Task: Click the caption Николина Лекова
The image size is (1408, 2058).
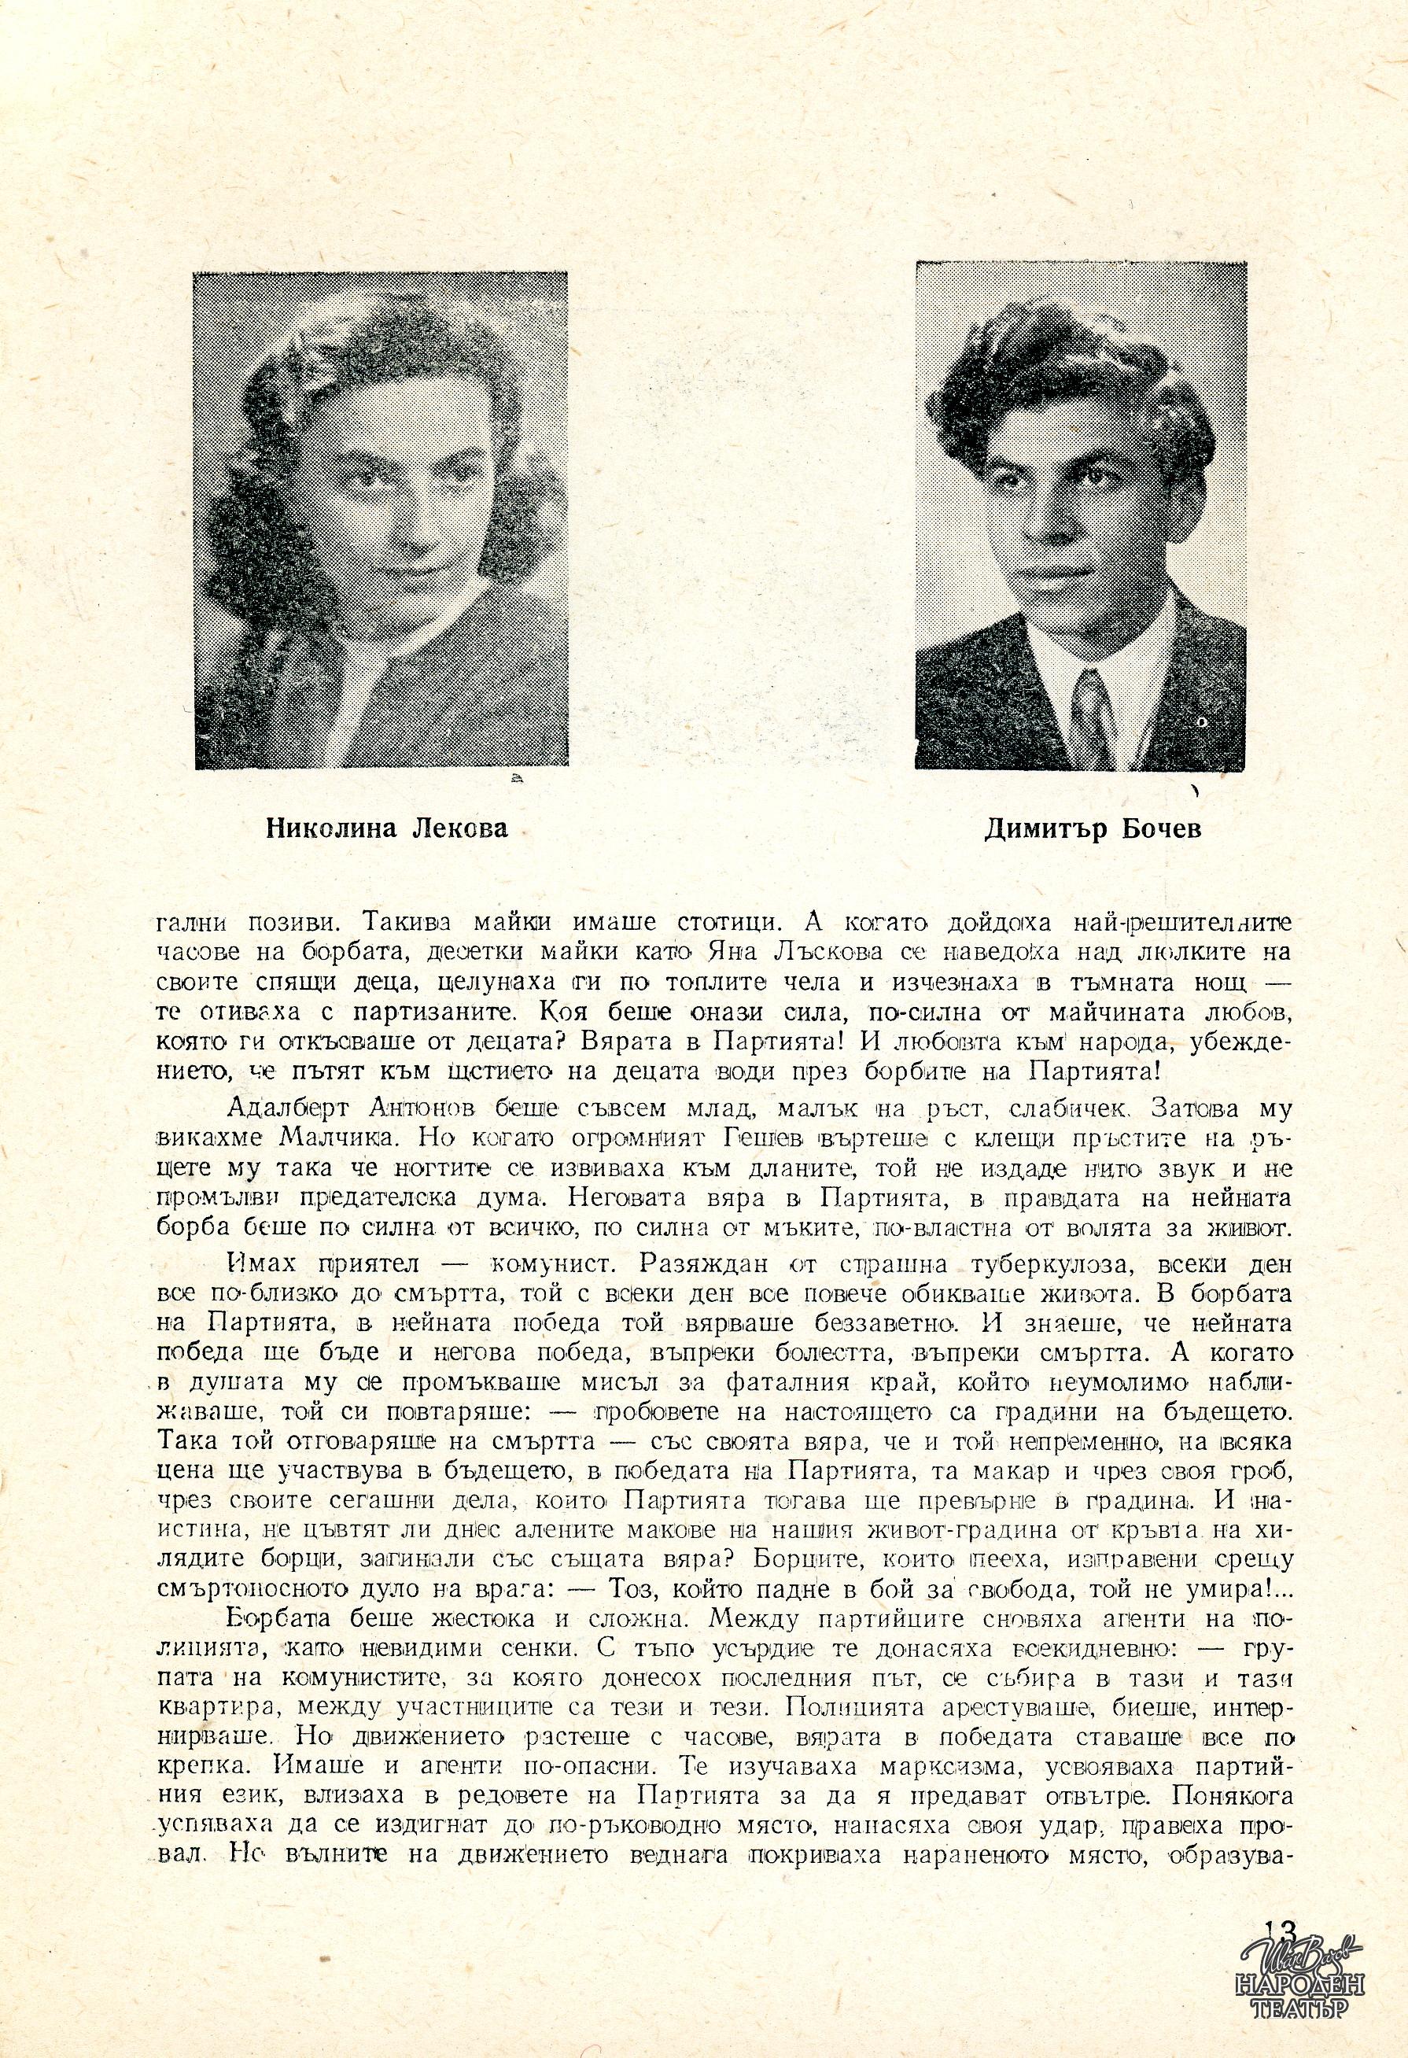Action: (x=387, y=830)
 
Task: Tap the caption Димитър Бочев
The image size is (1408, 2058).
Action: (x=1093, y=830)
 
